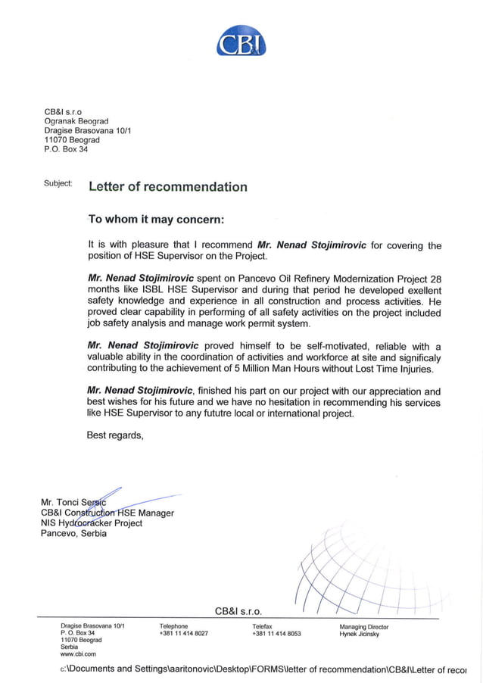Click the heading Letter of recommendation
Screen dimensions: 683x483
(x=167, y=187)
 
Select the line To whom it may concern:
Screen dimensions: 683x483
(x=156, y=220)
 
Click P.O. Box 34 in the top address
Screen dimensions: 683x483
(x=66, y=149)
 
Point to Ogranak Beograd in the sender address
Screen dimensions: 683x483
(x=76, y=121)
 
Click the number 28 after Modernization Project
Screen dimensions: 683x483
(x=435, y=278)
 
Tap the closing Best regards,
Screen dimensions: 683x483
(x=114, y=435)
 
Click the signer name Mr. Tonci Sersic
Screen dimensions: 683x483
(x=73, y=503)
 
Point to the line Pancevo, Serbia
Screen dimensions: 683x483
(x=73, y=533)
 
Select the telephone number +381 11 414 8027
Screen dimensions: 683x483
(x=183, y=634)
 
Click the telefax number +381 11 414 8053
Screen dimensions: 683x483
(x=276, y=634)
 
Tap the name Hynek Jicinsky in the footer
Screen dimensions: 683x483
(x=359, y=634)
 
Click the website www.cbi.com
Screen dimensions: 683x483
(x=78, y=654)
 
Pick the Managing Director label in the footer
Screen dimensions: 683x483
(x=363, y=627)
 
